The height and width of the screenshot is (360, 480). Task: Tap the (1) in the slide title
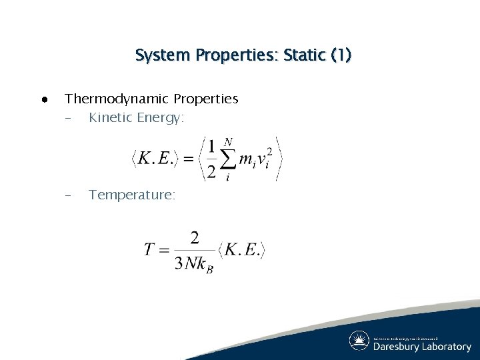[x=341, y=55]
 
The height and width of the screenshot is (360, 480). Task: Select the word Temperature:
[x=132, y=195]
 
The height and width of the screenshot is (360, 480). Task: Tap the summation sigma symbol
[x=229, y=159]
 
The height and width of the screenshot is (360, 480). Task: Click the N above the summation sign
[x=229, y=142]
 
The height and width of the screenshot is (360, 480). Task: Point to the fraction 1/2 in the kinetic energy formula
[x=211, y=159]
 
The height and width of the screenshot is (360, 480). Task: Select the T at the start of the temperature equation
[x=149, y=250]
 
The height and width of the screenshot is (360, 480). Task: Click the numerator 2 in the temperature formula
[x=194, y=238]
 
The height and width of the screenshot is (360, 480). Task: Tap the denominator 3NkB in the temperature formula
[x=194, y=264]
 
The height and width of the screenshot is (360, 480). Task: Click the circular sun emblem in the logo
[x=359, y=341]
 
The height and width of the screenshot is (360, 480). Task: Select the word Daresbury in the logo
[x=397, y=347]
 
